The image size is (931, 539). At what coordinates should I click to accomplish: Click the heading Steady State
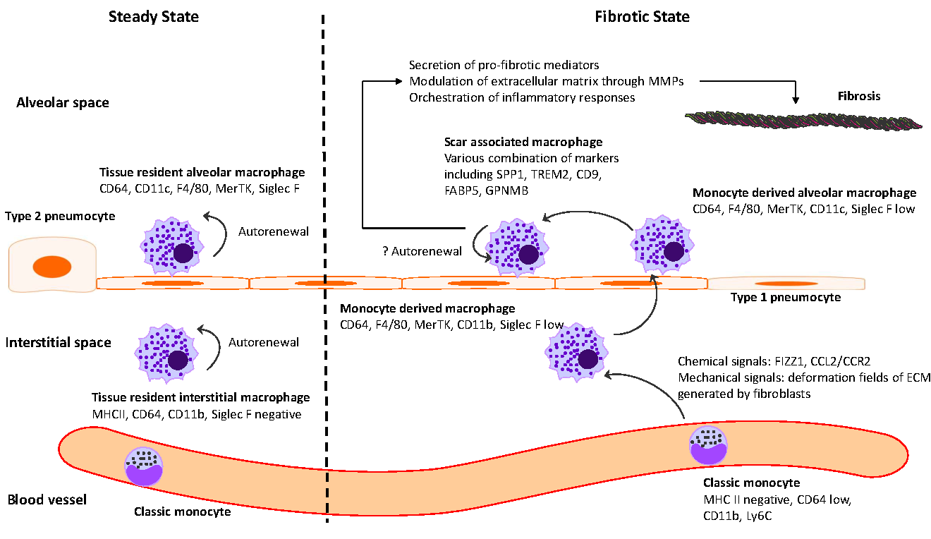click(153, 17)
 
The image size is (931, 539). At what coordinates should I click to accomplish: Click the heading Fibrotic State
click(642, 17)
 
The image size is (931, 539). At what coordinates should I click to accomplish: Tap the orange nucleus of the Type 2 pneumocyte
click(52, 267)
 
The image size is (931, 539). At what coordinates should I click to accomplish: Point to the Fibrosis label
click(858, 96)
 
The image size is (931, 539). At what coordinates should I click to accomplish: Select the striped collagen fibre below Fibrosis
click(803, 121)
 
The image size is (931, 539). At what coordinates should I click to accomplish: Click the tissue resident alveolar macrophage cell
click(172, 246)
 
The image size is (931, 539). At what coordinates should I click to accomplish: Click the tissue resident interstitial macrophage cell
click(166, 353)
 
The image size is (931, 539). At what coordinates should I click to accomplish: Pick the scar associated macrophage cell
click(518, 248)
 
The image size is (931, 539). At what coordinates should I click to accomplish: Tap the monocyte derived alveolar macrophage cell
click(662, 245)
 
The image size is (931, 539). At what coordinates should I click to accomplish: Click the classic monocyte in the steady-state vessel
click(143, 466)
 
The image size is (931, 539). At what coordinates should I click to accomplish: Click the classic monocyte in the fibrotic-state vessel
click(709, 445)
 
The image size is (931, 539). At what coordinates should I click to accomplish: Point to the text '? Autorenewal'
click(422, 251)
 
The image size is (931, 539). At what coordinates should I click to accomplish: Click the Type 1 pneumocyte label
click(786, 297)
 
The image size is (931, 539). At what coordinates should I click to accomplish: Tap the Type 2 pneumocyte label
click(60, 217)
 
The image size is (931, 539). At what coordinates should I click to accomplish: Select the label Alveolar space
click(63, 103)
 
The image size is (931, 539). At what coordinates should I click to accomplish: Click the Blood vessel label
click(47, 499)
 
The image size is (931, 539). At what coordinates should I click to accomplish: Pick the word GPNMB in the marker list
click(506, 190)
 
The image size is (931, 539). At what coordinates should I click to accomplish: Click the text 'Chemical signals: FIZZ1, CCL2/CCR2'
click(774, 361)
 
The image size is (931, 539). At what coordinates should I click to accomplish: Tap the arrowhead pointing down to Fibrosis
click(795, 99)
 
